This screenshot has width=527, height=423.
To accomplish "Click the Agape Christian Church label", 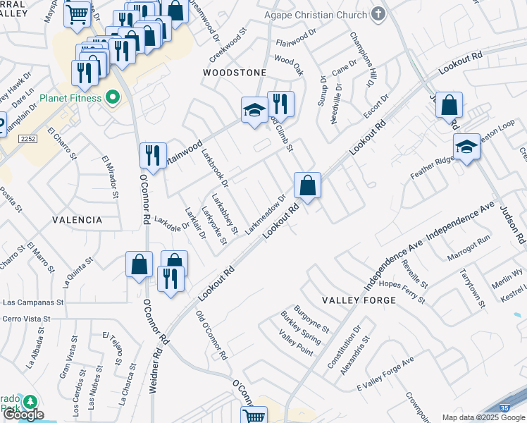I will point(316,15).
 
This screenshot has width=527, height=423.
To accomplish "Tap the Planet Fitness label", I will point(71,98).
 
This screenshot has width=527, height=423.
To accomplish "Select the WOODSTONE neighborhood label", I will point(235,73).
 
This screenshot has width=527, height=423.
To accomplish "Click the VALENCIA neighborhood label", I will point(77,220).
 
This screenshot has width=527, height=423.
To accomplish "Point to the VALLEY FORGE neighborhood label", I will point(359,300).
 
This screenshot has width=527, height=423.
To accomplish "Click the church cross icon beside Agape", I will point(378,14).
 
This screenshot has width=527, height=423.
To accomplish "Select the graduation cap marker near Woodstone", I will point(254,110).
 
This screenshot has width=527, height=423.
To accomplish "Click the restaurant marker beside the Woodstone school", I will point(280,104).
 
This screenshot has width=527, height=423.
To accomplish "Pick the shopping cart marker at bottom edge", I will point(253,415).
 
